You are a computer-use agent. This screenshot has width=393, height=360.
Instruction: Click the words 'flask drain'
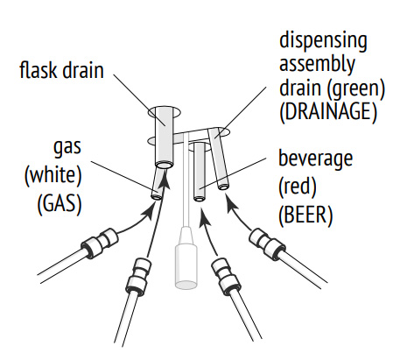point(61,70)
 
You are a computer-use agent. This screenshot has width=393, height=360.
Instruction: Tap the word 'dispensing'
point(323,42)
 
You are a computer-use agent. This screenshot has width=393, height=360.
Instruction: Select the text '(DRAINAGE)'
point(328,111)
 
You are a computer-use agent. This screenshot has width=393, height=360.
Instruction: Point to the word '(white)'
point(53,176)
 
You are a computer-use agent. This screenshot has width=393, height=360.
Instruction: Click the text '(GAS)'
point(60,203)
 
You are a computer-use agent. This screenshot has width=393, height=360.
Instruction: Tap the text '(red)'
point(298,187)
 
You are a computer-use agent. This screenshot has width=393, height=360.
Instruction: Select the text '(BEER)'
point(305,215)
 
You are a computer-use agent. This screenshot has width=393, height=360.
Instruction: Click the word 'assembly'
point(317,65)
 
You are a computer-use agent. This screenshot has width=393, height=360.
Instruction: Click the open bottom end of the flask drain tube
point(165,166)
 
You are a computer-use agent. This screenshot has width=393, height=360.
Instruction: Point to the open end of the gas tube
point(157,197)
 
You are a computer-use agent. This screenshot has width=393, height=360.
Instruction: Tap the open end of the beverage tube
point(200,199)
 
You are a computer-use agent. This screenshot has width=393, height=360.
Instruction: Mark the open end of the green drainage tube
point(223,187)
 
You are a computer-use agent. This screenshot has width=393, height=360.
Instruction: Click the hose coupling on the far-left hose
point(100,243)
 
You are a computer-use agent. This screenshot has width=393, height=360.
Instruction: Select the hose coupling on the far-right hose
point(267,244)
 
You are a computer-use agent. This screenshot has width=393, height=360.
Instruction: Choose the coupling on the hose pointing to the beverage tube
point(225,276)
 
